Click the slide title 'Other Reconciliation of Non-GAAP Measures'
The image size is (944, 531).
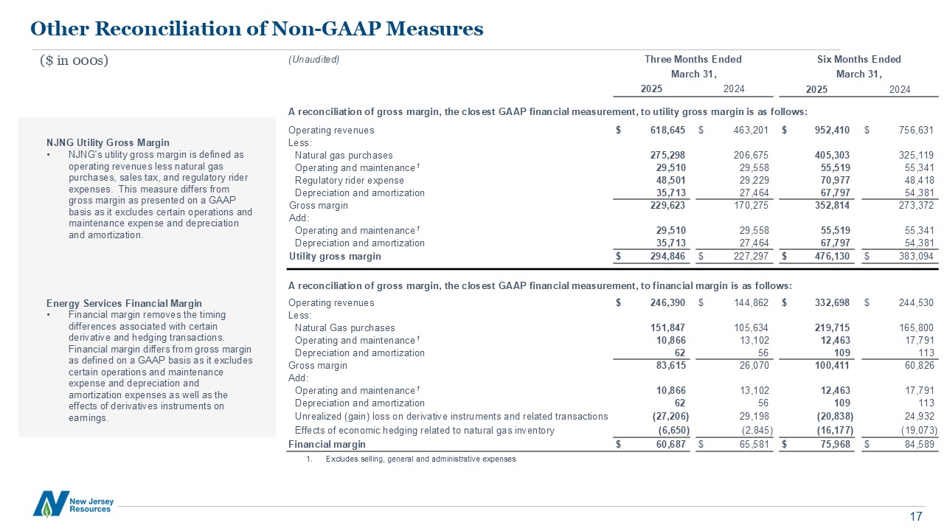pyautogui.click(x=257, y=29)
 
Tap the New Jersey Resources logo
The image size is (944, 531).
pyautogui.click(x=73, y=503)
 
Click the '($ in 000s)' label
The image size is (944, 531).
pyautogui.click(x=74, y=60)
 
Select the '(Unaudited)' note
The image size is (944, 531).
pyautogui.click(x=313, y=60)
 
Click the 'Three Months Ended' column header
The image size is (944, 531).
pyautogui.click(x=693, y=60)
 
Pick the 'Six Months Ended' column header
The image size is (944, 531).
pyautogui.click(x=858, y=60)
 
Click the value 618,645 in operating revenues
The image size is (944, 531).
pyautogui.click(x=666, y=131)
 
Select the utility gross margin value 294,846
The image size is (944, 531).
pyautogui.click(x=666, y=257)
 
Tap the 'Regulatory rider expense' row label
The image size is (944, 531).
pyautogui.click(x=349, y=181)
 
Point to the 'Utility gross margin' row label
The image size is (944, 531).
pyautogui.click(x=335, y=257)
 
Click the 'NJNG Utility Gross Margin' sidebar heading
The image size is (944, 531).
pyautogui.click(x=108, y=142)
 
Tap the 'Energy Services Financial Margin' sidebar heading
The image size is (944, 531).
pyautogui.click(x=123, y=303)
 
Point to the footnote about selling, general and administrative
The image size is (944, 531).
pyautogui.click(x=420, y=459)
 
